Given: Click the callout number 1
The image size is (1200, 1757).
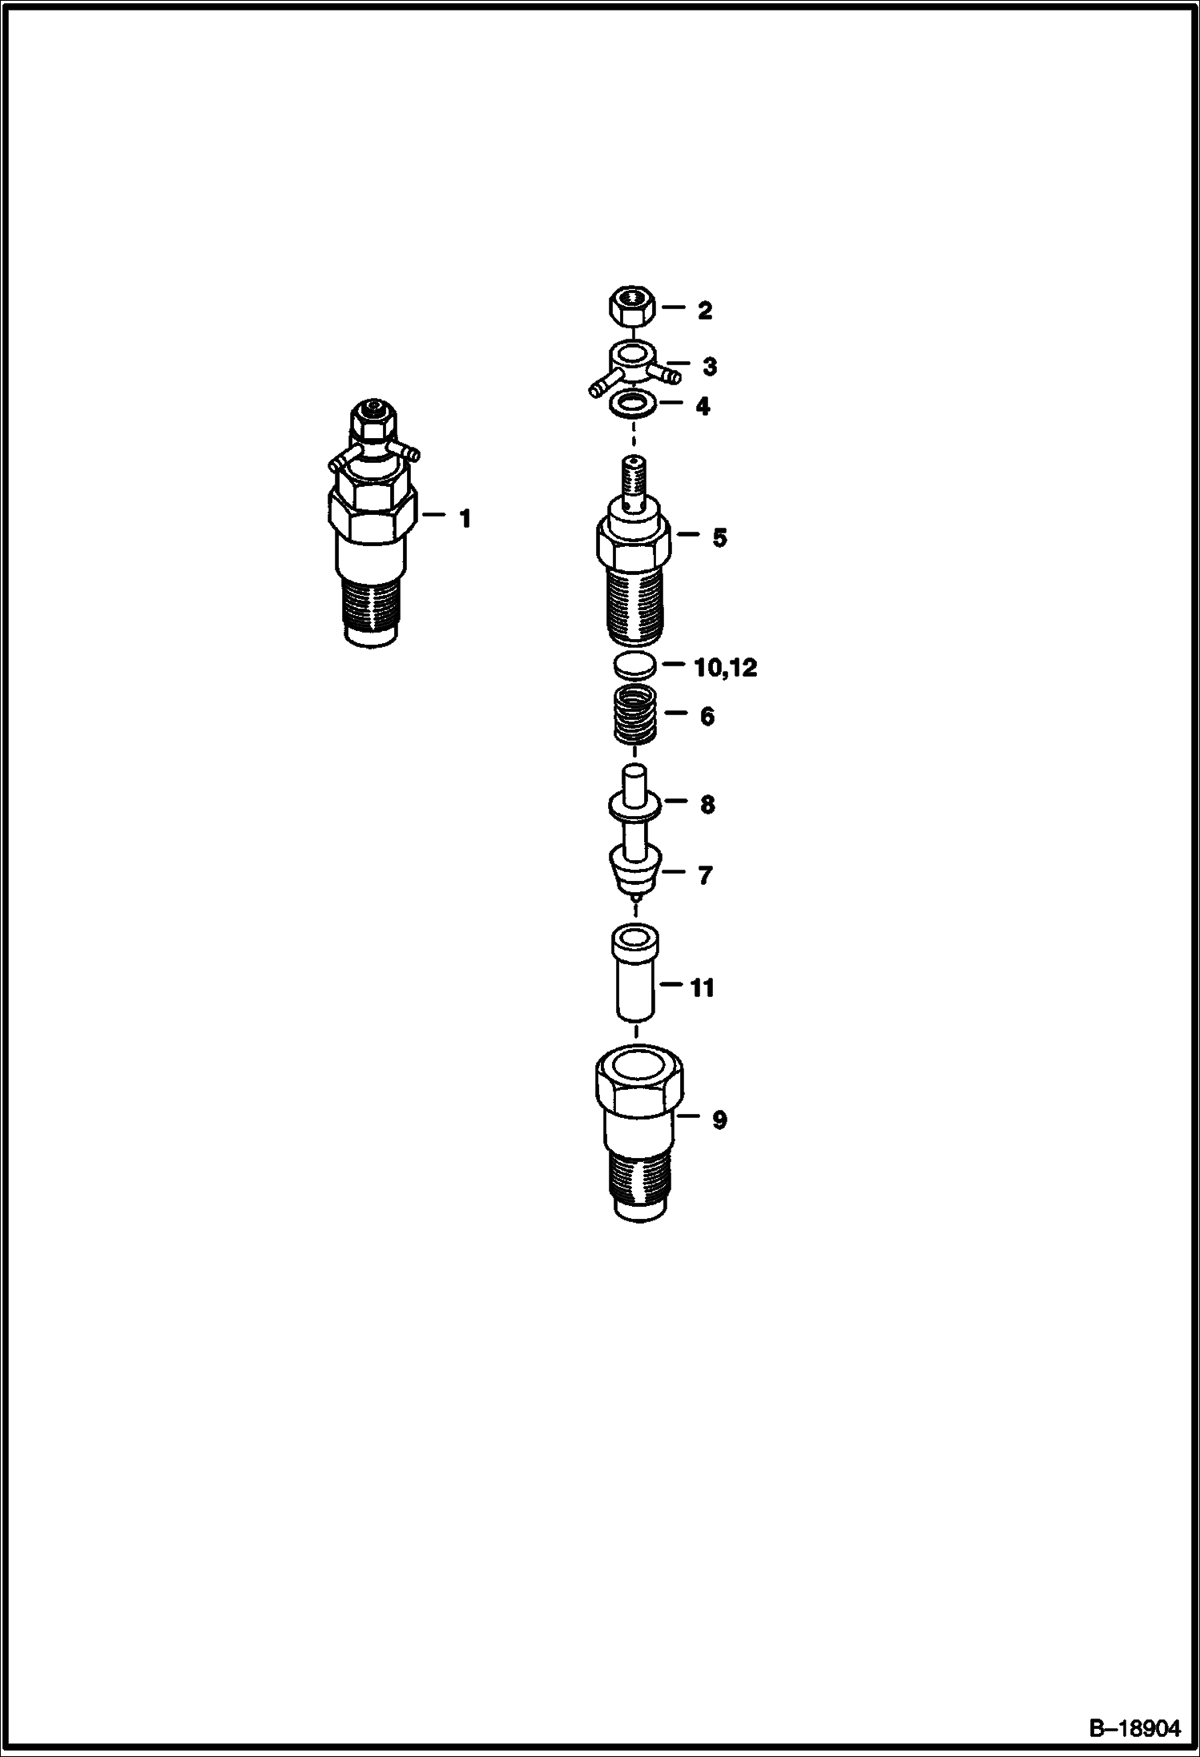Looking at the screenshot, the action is pos(465,519).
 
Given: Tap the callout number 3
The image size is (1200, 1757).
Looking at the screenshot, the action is pos(710,367).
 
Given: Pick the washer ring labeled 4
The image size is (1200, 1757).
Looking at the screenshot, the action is pos(634,406).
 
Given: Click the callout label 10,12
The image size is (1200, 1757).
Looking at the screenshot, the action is pos(726,667).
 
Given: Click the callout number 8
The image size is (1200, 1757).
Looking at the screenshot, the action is pos(707,804).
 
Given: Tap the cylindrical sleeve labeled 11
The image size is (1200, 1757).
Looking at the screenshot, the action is pos(635,972).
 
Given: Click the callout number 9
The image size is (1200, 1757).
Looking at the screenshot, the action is pos(719,1120).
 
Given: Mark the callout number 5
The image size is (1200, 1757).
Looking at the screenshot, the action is pos(720,538).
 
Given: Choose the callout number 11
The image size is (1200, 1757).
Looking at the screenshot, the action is pos(702,989).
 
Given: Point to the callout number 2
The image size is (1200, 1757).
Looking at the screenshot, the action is pos(704,311).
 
